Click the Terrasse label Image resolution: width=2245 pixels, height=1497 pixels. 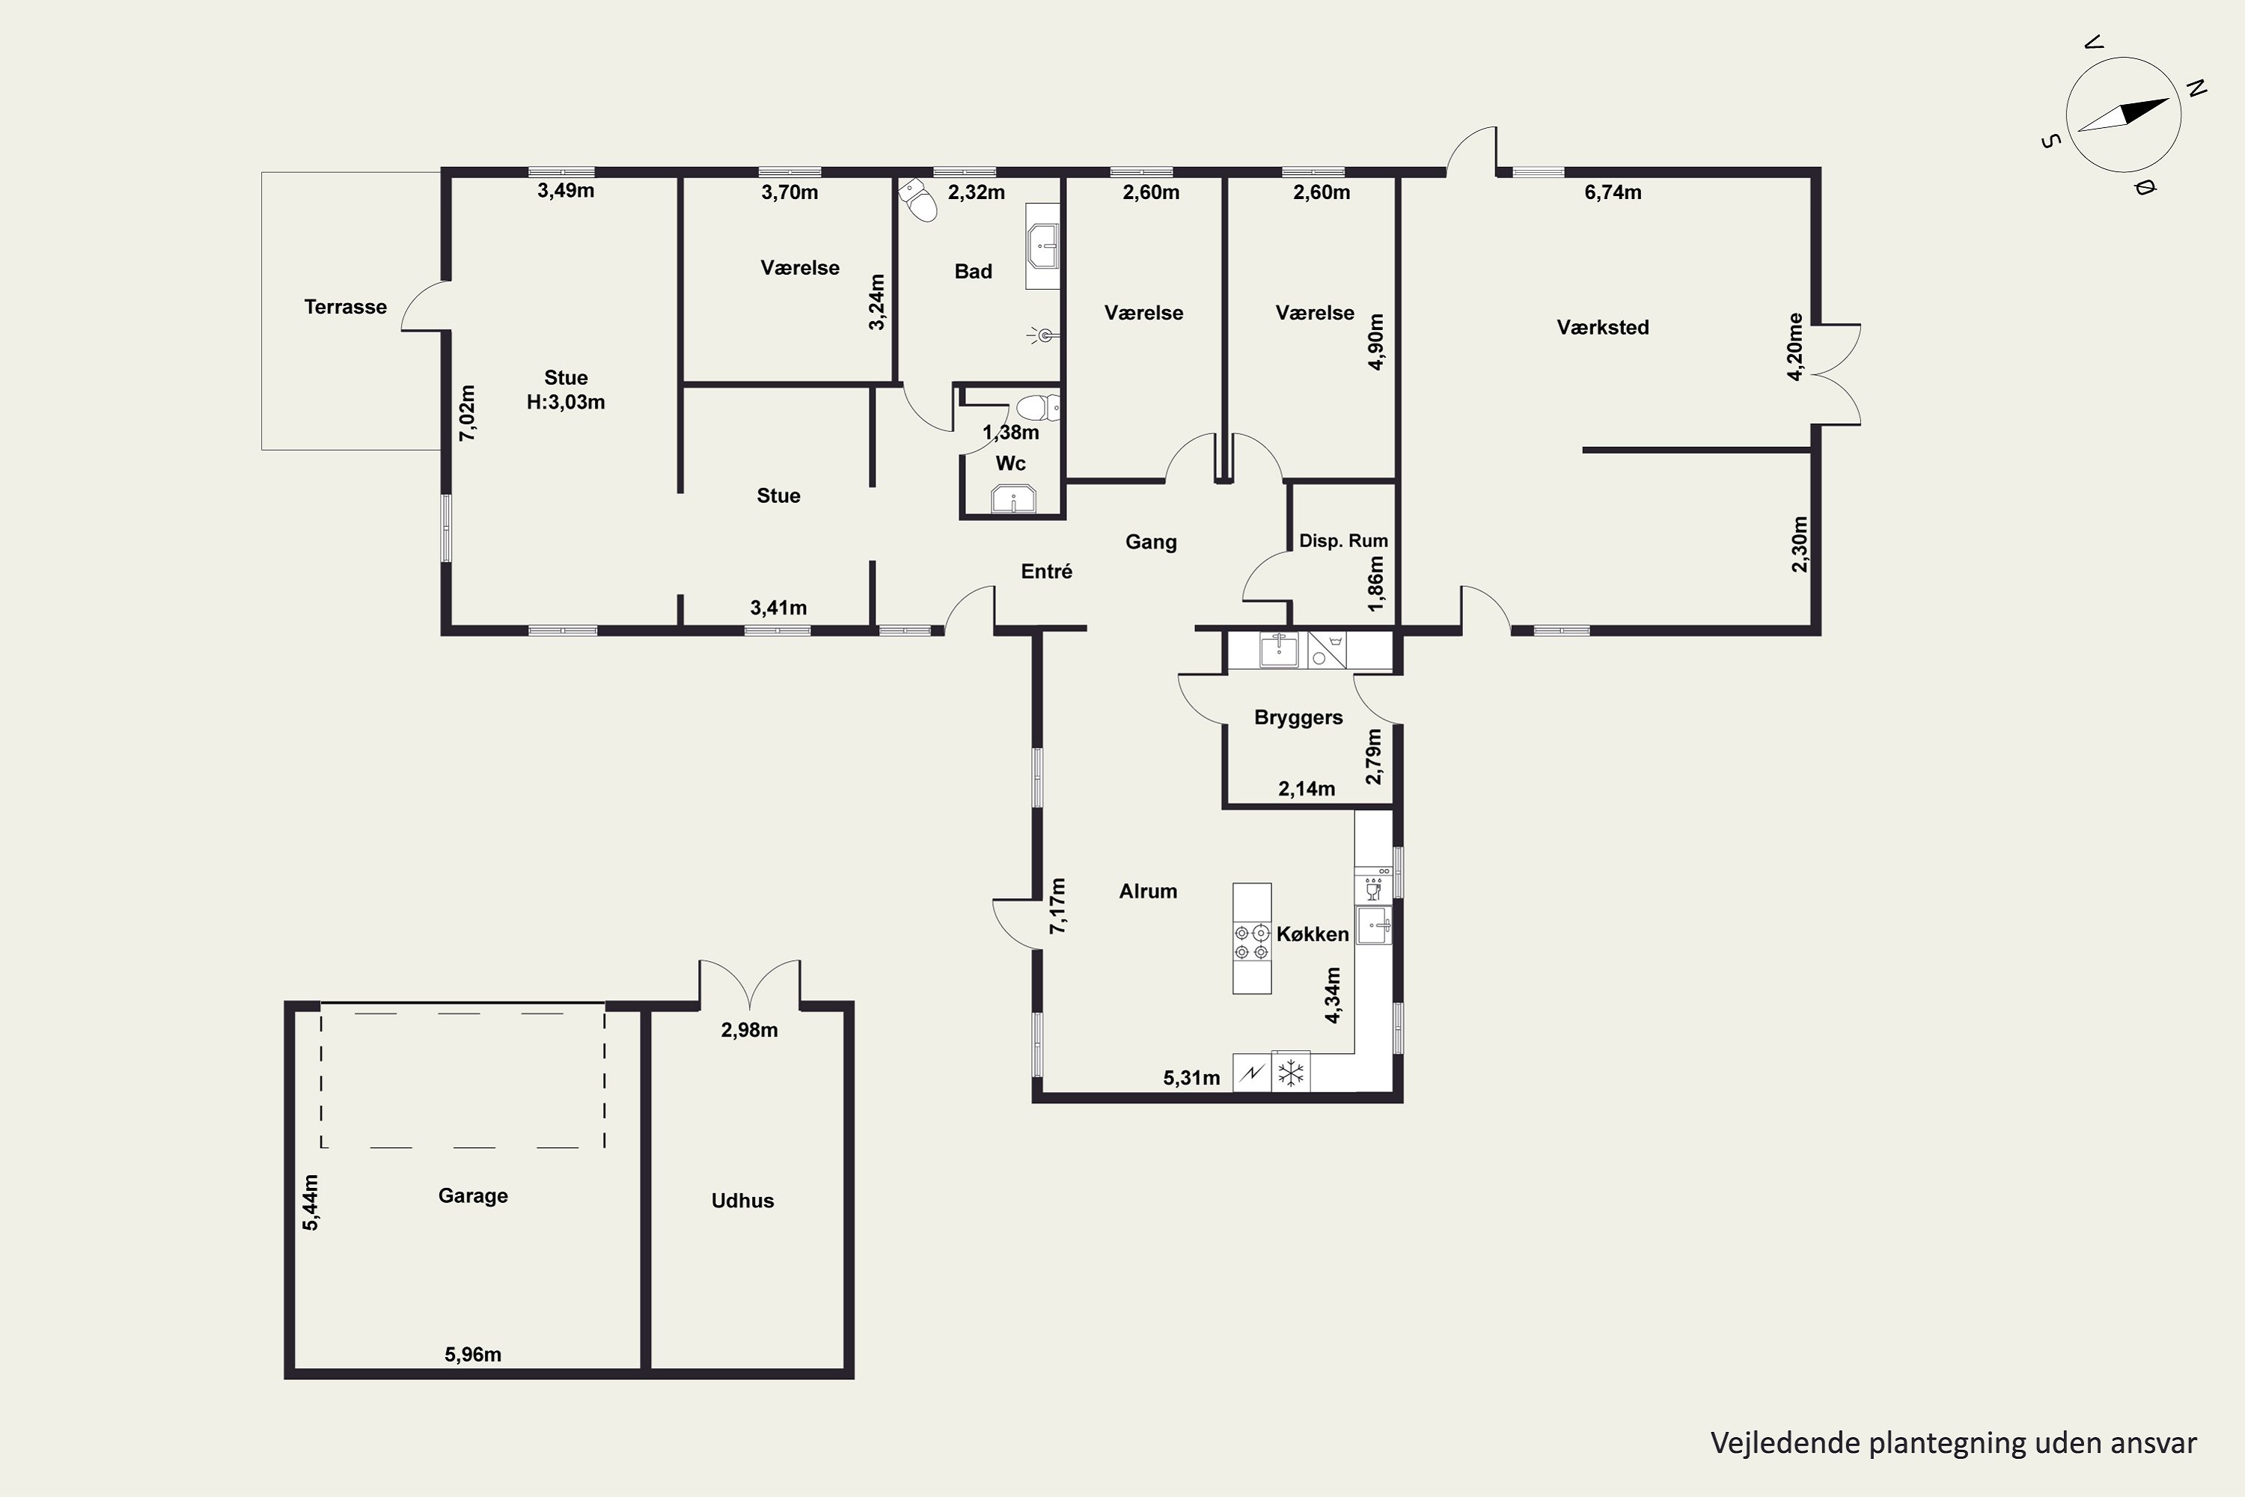(x=346, y=306)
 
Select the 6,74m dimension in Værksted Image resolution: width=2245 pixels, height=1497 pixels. (x=1613, y=192)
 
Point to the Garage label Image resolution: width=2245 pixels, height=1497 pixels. (x=472, y=1196)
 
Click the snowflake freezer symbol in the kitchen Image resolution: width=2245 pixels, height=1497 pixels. (x=1290, y=1072)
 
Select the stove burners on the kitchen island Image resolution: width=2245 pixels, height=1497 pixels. (x=1251, y=942)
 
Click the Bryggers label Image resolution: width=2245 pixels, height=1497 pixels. (x=1298, y=718)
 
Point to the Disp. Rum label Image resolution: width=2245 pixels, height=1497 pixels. (x=1343, y=540)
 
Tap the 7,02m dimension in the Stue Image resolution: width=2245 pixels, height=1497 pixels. (x=467, y=412)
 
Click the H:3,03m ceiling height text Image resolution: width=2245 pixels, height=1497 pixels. (x=566, y=402)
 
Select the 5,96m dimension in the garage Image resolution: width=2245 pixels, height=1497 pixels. (x=472, y=1354)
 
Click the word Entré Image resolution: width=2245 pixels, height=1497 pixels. (x=1046, y=571)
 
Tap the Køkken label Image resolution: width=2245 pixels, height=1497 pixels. (x=1313, y=933)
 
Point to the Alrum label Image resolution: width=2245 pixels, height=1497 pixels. (x=1148, y=891)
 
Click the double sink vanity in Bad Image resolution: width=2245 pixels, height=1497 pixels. (x=1042, y=246)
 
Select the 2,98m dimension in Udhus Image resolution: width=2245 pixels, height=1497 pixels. (x=749, y=1030)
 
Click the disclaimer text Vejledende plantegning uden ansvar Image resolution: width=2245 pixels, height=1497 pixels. (x=1954, y=1442)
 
